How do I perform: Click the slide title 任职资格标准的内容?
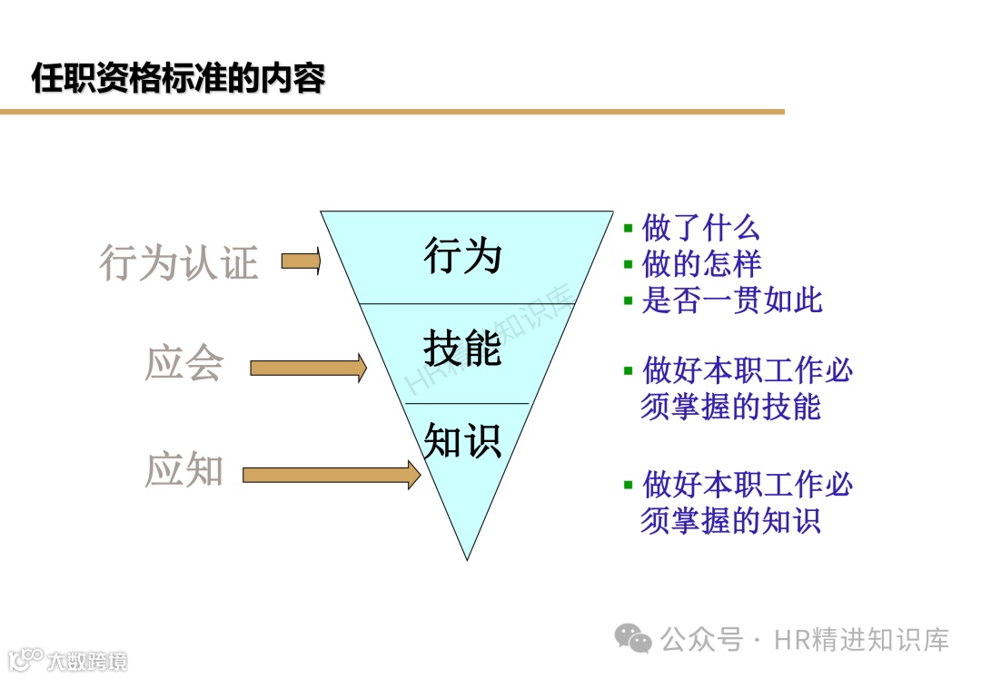click(x=178, y=78)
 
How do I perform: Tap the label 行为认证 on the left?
click(x=179, y=262)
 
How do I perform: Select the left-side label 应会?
click(x=184, y=363)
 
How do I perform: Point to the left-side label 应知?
click(x=184, y=470)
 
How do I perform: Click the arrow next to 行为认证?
click(x=302, y=261)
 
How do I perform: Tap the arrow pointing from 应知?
click(x=332, y=474)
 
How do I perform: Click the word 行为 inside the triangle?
click(x=463, y=256)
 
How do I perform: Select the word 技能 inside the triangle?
click(x=463, y=349)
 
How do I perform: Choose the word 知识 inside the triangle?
click(x=463, y=441)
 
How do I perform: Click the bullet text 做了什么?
click(x=700, y=227)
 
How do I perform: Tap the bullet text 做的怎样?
click(x=700, y=263)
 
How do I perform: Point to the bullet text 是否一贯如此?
click(x=731, y=300)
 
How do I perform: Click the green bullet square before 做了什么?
click(x=628, y=227)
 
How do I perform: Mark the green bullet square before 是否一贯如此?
click(x=628, y=300)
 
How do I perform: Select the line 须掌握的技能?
click(x=730, y=408)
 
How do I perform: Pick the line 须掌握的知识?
click(x=730, y=520)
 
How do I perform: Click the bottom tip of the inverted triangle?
click(x=468, y=556)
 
